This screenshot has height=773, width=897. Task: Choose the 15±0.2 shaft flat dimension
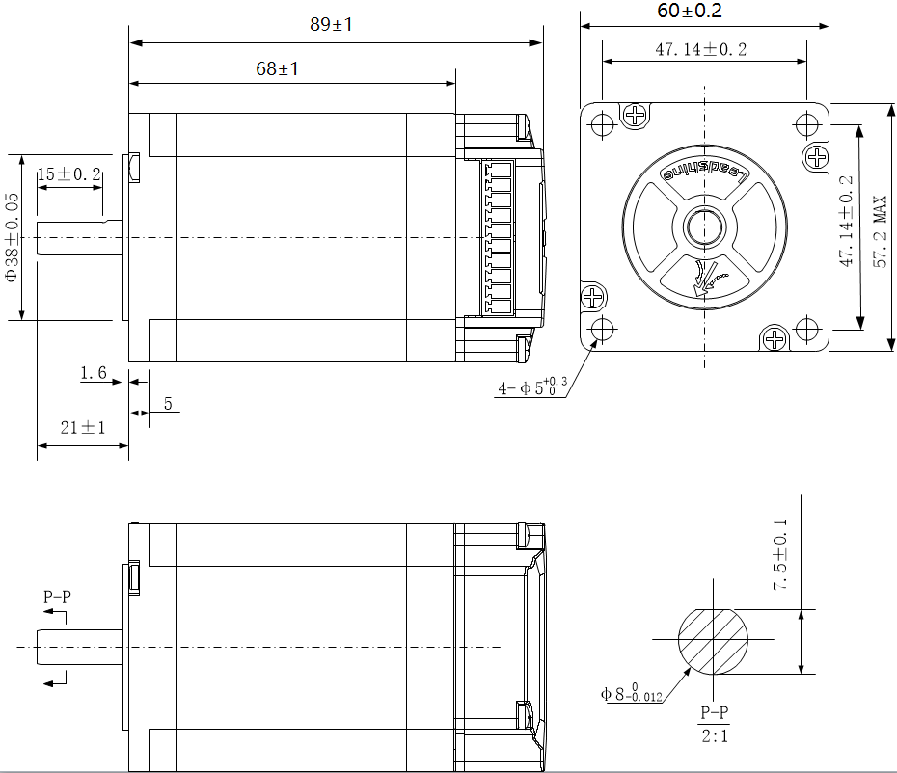[68, 173]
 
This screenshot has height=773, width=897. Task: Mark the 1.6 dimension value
[94, 373]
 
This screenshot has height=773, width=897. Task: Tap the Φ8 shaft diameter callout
[631, 693]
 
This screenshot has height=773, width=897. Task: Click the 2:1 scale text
[714, 737]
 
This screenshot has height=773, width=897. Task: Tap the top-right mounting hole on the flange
[804, 125]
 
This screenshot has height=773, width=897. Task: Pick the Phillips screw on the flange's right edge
[816, 157]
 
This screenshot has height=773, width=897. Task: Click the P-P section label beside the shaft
[57, 597]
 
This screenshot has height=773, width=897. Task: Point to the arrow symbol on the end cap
[707, 280]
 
